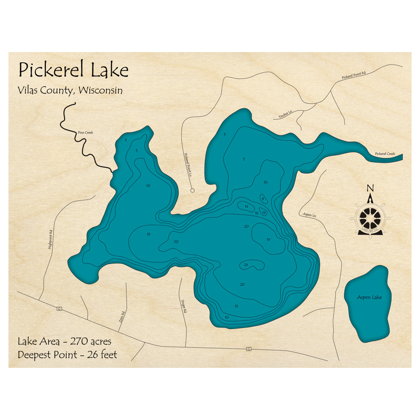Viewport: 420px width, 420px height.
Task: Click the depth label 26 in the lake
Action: click(x=246, y=265)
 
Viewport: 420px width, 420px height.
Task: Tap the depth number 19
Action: click(x=268, y=240)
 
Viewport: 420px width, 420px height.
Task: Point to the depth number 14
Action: click(x=247, y=206)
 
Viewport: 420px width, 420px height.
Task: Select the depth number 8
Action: click(x=263, y=199)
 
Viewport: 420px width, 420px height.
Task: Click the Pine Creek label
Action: click(x=85, y=133)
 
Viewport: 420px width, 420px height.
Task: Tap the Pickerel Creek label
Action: click(x=385, y=154)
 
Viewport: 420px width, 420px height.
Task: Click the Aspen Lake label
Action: click(x=370, y=297)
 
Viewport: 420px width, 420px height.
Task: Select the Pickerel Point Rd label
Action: click(x=354, y=75)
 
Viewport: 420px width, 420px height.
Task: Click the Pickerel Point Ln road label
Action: click(x=187, y=164)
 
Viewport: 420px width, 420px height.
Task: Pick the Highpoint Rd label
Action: click(x=50, y=240)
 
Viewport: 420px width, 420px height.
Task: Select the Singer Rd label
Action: click(x=183, y=307)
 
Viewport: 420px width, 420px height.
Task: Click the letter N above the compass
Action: click(x=370, y=188)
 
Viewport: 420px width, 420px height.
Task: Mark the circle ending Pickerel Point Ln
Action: click(x=192, y=190)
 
